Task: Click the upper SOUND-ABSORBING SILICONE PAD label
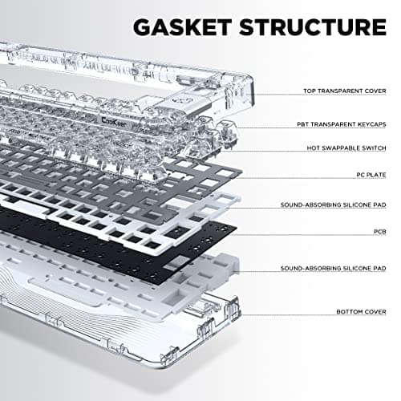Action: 336,205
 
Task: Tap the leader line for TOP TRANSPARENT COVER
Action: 277,91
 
